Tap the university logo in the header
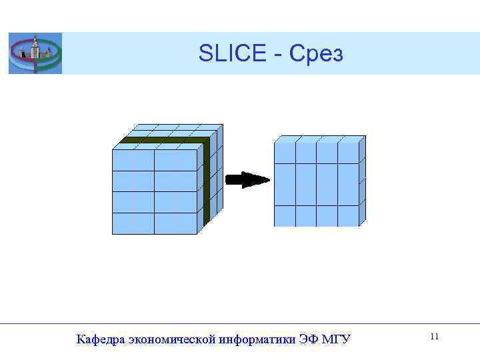tap(35, 53)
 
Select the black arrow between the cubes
tap(248, 180)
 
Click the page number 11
tap(434, 337)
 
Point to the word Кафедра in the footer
tap(101, 340)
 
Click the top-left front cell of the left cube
tap(133, 160)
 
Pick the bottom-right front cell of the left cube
tap(175, 223)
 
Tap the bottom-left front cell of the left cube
tap(133, 223)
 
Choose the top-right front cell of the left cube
tap(175, 160)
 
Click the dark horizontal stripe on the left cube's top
tap(163, 141)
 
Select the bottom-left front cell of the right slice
tap(285, 216)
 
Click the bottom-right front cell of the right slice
tap(348, 216)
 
